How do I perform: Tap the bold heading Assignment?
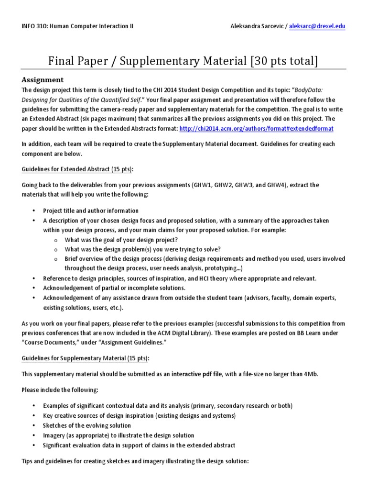[x=43, y=80]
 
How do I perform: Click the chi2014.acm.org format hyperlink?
[x=257, y=129]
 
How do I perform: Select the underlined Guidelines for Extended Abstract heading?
[x=77, y=169]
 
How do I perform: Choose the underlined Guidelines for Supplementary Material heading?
[x=85, y=358]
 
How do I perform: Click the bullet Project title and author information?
[x=91, y=211]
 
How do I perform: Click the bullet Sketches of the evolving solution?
[x=87, y=425]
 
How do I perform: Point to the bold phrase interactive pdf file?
[x=197, y=374]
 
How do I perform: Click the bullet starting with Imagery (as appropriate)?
[x=119, y=435]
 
